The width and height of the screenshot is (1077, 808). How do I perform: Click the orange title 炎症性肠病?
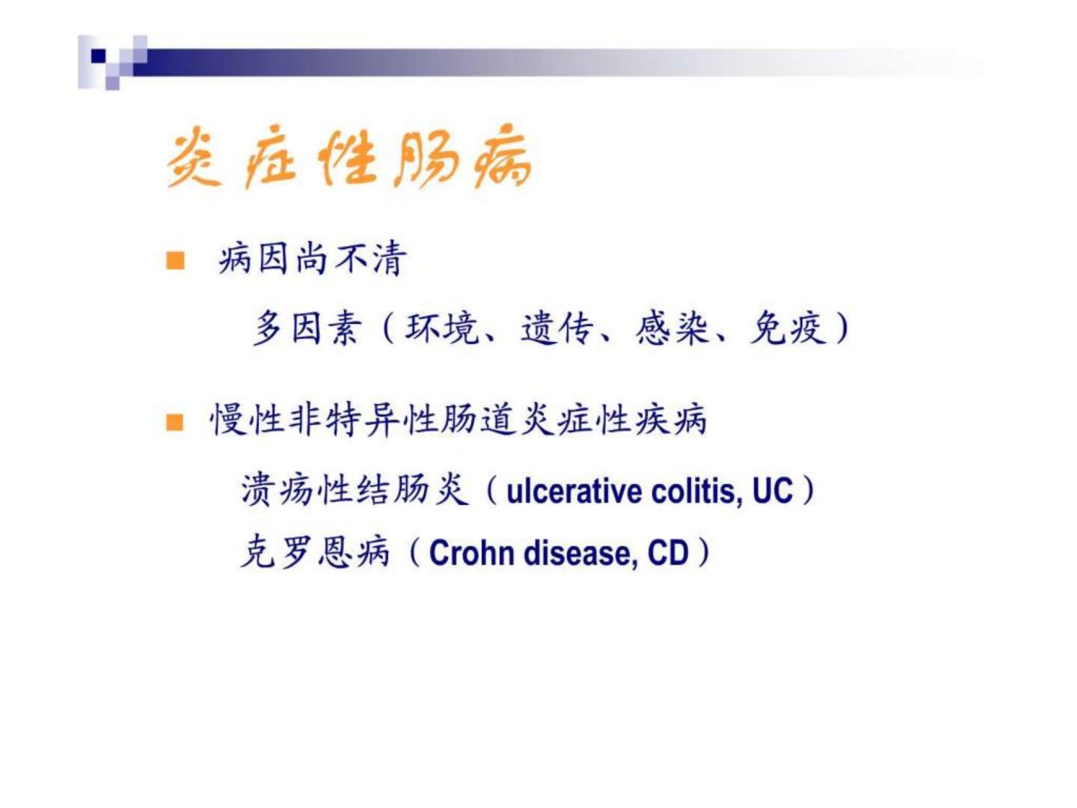click(349, 158)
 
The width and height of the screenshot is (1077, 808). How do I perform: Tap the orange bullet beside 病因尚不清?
click(175, 260)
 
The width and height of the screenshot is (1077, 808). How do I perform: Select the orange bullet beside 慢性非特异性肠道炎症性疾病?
click(175, 422)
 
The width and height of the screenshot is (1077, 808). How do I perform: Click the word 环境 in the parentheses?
click(441, 328)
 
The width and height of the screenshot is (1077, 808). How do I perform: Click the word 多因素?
click(307, 328)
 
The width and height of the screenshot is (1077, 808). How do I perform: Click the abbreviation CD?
click(669, 554)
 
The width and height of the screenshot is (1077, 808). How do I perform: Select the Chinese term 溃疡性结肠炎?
click(353, 490)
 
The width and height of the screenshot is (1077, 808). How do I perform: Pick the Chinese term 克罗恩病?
click(315, 552)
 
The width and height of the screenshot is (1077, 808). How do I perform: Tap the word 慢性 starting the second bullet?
click(248, 420)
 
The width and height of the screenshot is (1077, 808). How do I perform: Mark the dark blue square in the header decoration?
click(98, 56)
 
